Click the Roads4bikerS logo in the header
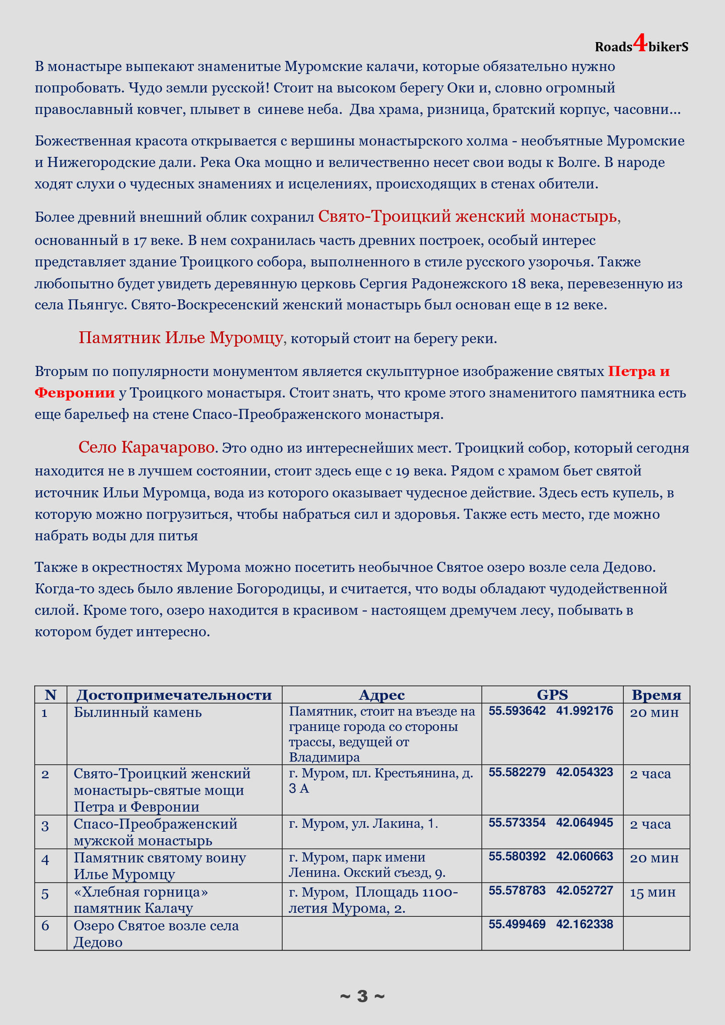point(641,46)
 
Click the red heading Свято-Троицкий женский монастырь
point(467,217)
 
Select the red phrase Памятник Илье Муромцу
point(180,338)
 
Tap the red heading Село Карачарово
point(146,447)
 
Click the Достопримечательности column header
point(174,694)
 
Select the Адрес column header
point(382,694)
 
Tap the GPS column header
point(552,694)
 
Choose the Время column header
point(656,694)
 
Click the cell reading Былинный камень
point(138,712)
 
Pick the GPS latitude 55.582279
point(517,772)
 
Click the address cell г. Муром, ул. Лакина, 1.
point(363,823)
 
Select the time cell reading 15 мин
point(652,893)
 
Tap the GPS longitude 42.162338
point(584,924)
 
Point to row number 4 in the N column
point(45,860)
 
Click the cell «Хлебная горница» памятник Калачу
point(141,900)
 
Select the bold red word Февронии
point(75,393)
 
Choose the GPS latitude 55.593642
point(517,711)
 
